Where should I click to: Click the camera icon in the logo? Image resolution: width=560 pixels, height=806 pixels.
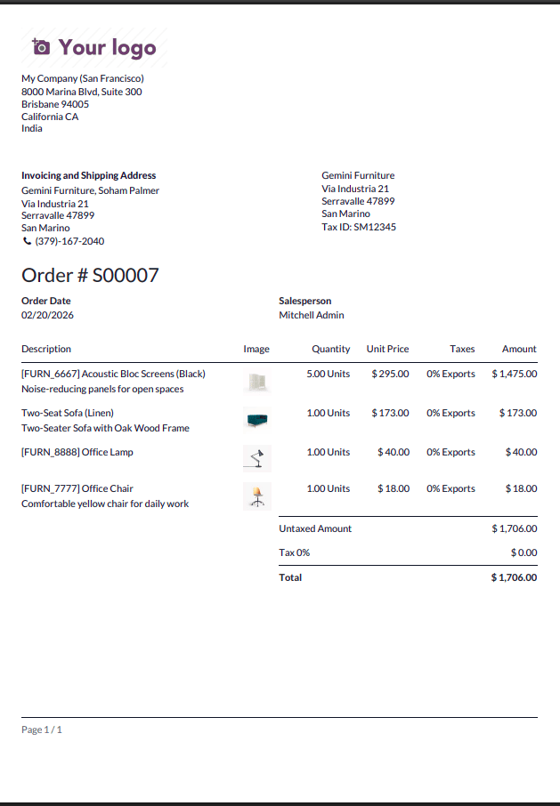point(41,47)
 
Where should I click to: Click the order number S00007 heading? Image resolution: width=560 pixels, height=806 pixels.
point(90,275)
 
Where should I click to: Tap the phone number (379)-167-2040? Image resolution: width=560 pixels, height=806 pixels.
point(69,241)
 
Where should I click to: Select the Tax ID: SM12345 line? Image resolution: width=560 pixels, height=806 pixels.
point(359,227)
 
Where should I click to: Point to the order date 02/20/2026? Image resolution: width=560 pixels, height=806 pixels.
point(47,315)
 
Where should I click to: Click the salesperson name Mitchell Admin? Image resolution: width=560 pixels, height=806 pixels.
point(311,315)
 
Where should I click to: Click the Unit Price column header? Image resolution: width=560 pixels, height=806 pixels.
point(387,349)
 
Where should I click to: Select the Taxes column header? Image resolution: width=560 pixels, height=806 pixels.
point(462,349)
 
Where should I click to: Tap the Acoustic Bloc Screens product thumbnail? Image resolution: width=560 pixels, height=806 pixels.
point(257,382)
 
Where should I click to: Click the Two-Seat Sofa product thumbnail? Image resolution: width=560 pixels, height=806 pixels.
point(257,419)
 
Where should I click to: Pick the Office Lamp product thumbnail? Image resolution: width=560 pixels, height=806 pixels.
point(257,458)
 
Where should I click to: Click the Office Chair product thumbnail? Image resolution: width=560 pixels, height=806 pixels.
point(257,496)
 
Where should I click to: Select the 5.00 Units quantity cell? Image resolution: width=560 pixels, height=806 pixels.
point(328,374)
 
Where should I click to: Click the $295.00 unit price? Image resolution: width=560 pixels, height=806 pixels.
point(390,374)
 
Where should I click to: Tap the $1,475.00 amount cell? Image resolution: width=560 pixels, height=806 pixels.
point(514,374)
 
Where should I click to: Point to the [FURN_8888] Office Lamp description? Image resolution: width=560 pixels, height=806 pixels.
point(77,452)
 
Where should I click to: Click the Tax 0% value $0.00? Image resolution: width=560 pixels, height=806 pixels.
point(523,552)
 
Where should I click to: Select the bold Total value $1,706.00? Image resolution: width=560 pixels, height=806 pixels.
point(514,577)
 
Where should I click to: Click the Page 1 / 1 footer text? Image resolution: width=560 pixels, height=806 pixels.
point(42,729)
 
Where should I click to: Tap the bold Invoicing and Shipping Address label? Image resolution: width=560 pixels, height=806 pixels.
point(88,175)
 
